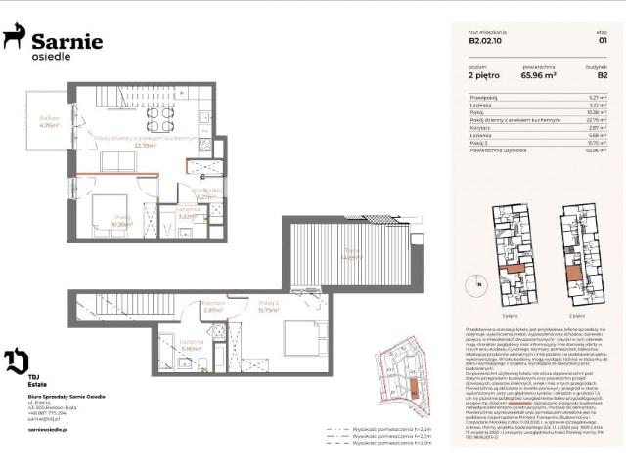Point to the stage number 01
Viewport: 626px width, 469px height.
pos(603,41)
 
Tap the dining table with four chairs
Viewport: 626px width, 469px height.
pos(160,118)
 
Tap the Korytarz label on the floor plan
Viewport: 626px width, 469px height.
pos(214,304)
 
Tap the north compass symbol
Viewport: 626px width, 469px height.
pos(479,285)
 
